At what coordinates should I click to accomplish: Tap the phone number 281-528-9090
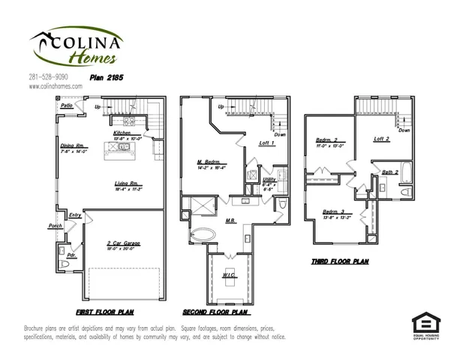50,77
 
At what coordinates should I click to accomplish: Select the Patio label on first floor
67,106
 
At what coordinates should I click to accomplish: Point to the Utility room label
269,181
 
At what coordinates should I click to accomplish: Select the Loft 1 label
266,143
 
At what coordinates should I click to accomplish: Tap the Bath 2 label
389,172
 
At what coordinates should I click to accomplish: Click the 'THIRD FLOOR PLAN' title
338,262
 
